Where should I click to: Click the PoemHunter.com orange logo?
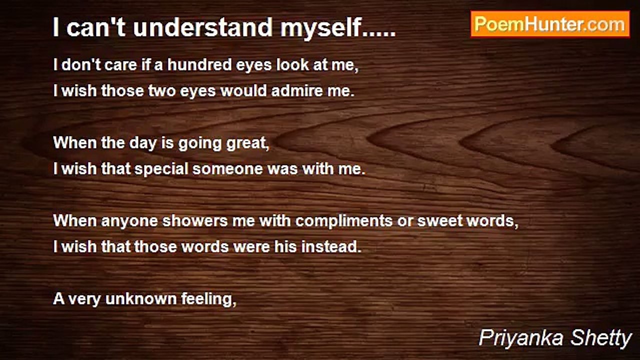tap(550, 24)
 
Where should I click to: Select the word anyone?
tap(129, 221)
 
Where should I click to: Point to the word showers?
tap(195, 221)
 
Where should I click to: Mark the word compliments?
tap(344, 221)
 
